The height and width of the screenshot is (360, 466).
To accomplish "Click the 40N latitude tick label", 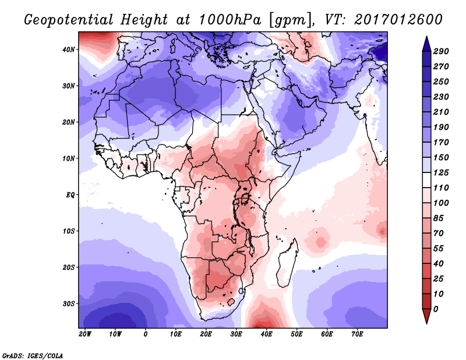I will coord(69,50).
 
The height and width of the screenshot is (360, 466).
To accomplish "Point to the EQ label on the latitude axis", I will coord(70,195).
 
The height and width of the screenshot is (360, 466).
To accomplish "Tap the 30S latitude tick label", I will coord(69,303).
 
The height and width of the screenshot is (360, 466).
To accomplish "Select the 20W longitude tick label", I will coord(85,334).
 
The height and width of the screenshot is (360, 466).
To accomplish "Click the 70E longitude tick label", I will coord(357,334).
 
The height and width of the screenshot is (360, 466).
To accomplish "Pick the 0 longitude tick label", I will coord(146,334).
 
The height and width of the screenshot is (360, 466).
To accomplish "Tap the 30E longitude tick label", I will coord(236,334).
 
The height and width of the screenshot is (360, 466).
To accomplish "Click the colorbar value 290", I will coord(440,52).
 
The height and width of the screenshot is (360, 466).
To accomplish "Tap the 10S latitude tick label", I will coord(69,231).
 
